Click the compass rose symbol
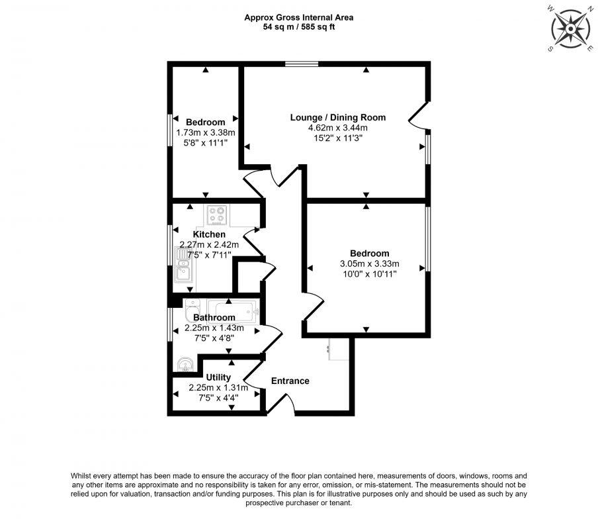coord(570,29)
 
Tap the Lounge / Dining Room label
coord(337,117)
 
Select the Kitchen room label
coord(209,234)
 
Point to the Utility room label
coord(218,377)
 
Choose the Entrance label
coord(290,381)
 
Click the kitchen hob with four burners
coord(216,215)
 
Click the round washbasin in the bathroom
coord(185,363)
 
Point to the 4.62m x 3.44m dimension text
coord(337,128)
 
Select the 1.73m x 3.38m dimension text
coord(205,132)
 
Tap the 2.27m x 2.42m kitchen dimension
coord(209,244)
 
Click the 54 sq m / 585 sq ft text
coord(298,28)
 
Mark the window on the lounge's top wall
coord(302,64)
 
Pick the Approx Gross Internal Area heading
coord(298,18)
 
